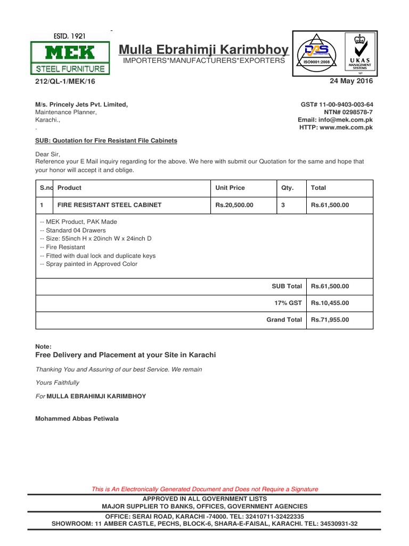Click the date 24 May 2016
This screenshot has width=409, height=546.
(x=351, y=82)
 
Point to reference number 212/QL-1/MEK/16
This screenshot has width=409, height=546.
(x=66, y=82)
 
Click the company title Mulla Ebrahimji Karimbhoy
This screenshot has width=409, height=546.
(x=204, y=50)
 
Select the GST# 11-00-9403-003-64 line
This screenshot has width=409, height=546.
(x=337, y=105)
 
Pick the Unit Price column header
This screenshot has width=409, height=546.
(x=230, y=188)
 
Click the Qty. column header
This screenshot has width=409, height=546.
(x=287, y=188)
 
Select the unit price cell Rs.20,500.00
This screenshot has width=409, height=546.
(x=234, y=205)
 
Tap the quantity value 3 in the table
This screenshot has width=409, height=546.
(x=283, y=205)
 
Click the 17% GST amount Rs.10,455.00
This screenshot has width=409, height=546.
(x=330, y=303)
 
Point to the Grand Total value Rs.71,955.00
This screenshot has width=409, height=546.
(x=330, y=319)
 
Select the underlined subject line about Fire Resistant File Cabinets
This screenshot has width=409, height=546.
(x=106, y=141)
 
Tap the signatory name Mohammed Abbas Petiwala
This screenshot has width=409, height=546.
(x=77, y=419)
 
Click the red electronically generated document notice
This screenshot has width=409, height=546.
(x=205, y=489)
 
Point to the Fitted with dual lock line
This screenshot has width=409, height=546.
(x=97, y=255)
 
